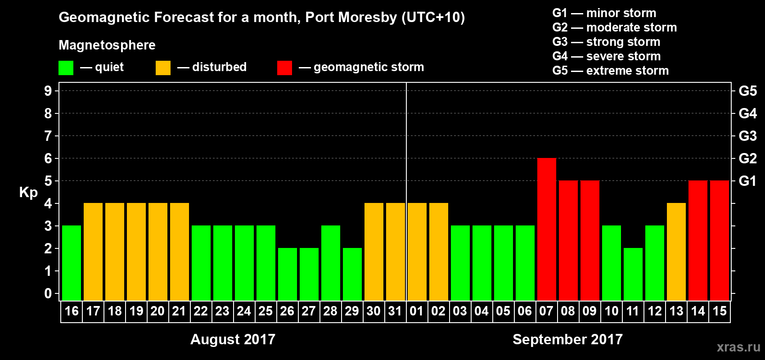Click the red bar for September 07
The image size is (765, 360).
click(546, 229)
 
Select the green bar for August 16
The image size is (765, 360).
click(72, 263)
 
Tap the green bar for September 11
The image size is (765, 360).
click(633, 274)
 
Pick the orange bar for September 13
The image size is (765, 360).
click(676, 252)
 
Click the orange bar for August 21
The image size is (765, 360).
click(180, 252)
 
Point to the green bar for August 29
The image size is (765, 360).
click(352, 274)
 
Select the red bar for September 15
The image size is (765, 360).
click(719, 240)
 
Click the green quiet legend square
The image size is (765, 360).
click(66, 68)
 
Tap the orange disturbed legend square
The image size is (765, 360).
click(163, 68)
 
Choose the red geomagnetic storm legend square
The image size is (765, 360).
click(284, 68)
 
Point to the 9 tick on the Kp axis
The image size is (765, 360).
click(48, 91)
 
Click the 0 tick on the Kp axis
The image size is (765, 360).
click(48, 294)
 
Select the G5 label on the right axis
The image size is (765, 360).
click(747, 91)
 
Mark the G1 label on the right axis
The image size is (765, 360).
click(747, 181)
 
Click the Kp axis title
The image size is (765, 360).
click(28, 193)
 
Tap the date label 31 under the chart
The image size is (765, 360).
click(395, 311)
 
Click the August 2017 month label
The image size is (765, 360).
click(233, 339)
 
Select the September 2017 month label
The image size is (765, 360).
click(567, 339)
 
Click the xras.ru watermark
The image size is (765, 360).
click(738, 347)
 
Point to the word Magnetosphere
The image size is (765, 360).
click(107, 45)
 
